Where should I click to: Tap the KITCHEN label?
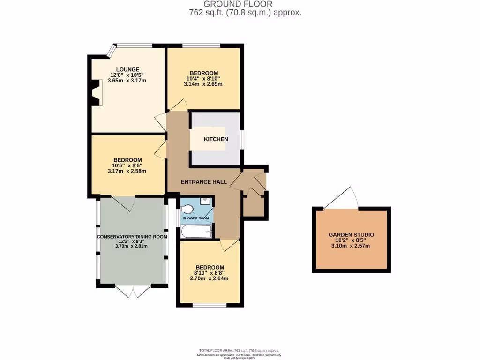pos(216,139)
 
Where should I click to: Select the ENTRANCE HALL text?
pos(204,182)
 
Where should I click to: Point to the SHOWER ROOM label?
pos(195,218)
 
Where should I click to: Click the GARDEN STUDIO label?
pos(351,234)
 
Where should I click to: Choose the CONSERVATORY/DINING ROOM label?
pos(132,237)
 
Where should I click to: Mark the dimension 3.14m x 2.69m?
pos(204,84)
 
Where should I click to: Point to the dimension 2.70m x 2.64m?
pos(209,278)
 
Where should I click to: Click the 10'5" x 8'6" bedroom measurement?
pos(127,165)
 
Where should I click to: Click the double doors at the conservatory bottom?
pos(133,291)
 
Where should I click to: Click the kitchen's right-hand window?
pos(242,139)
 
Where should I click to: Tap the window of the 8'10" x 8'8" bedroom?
pos(210,306)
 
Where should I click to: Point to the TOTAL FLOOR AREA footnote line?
pos(240,350)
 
